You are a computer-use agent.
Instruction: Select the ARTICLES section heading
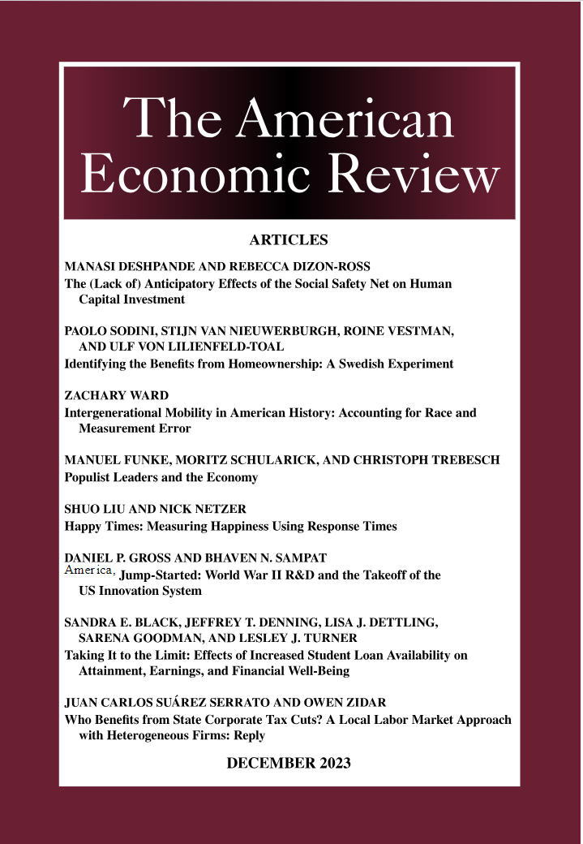pyautogui.click(x=289, y=240)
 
